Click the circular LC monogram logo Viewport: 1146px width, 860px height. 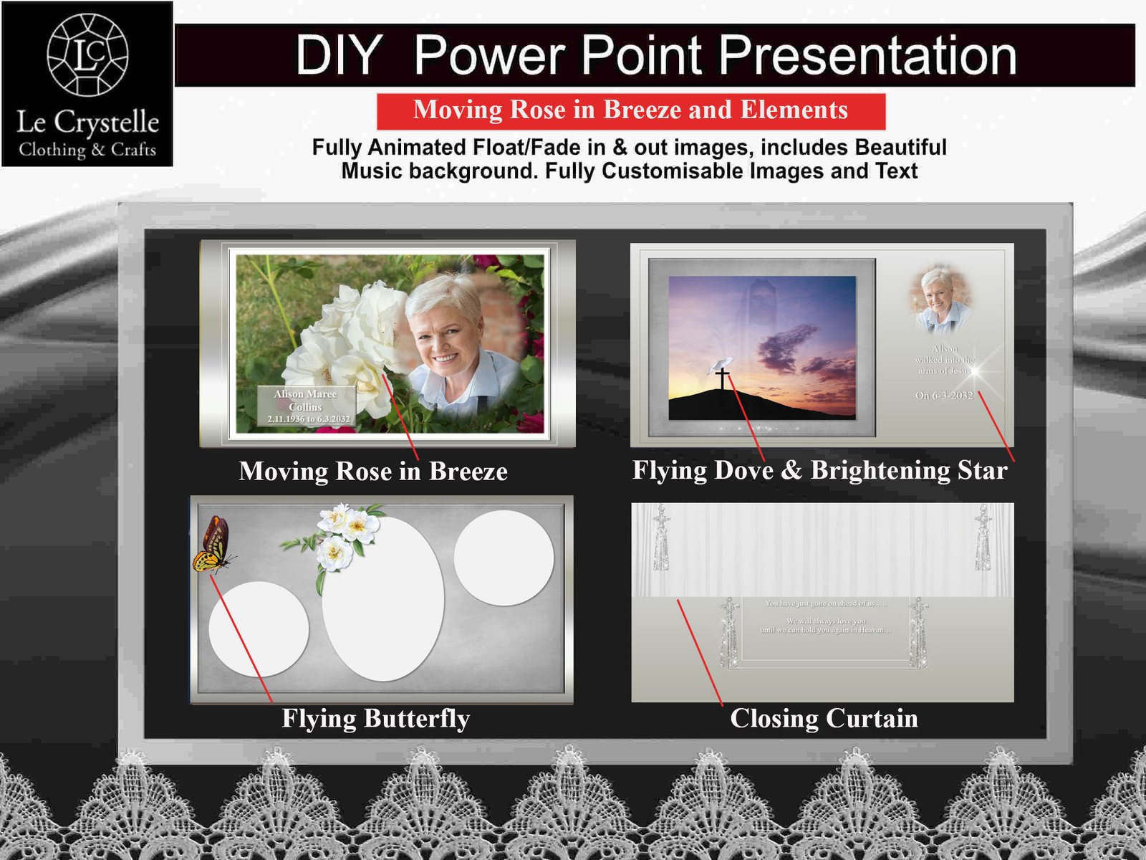pyautogui.click(x=87, y=54)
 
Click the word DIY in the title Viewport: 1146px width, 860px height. pyautogui.click(x=338, y=55)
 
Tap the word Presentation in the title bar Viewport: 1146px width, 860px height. pyautogui.click(x=867, y=55)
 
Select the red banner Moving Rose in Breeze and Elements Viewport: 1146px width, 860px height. pyautogui.click(x=630, y=110)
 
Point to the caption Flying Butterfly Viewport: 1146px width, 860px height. pyautogui.click(x=375, y=718)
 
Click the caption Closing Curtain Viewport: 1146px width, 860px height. pyautogui.click(x=824, y=718)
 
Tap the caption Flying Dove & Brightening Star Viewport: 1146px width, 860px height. pyautogui.click(x=819, y=470)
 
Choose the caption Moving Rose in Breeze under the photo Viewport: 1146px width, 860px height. pyautogui.click(x=372, y=471)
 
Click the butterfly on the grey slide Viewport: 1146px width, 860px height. pyautogui.click(x=213, y=546)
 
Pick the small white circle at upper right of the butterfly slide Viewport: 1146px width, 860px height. pyautogui.click(x=504, y=558)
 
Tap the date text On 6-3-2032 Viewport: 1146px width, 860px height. pyautogui.click(x=944, y=396)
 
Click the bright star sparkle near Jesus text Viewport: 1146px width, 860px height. pyautogui.click(x=975, y=371)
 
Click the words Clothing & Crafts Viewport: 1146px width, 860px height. pyautogui.click(x=87, y=150)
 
